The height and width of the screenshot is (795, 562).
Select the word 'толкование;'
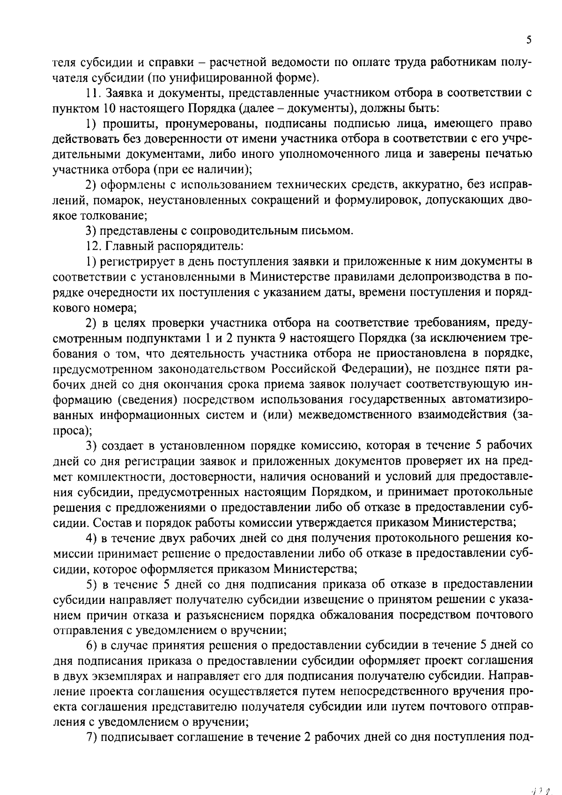115,216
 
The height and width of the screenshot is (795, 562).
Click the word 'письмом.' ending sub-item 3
333,231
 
